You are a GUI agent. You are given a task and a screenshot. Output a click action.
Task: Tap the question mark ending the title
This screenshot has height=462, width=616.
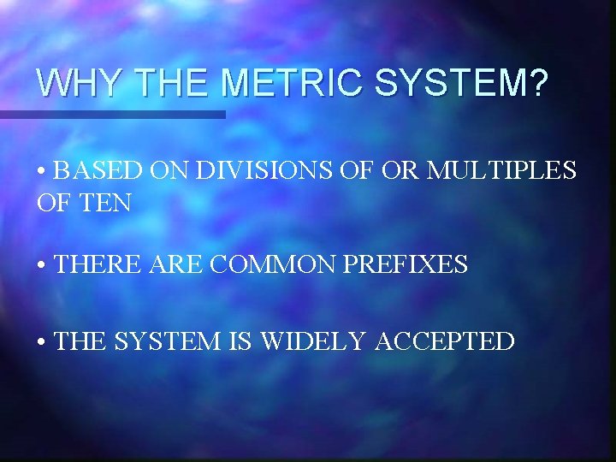[x=536, y=84]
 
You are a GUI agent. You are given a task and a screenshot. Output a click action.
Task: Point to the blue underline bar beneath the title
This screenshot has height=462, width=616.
[x=112, y=114]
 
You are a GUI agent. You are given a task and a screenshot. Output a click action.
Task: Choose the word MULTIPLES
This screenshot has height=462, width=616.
[x=501, y=171]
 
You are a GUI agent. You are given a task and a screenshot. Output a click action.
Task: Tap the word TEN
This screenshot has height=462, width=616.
[x=109, y=204]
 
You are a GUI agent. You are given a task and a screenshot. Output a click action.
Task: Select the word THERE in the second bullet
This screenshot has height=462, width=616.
[x=94, y=265]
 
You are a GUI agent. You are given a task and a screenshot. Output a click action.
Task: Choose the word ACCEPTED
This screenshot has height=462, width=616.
[x=445, y=342]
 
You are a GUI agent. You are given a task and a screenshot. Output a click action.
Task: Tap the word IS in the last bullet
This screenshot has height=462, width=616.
[x=240, y=342]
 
